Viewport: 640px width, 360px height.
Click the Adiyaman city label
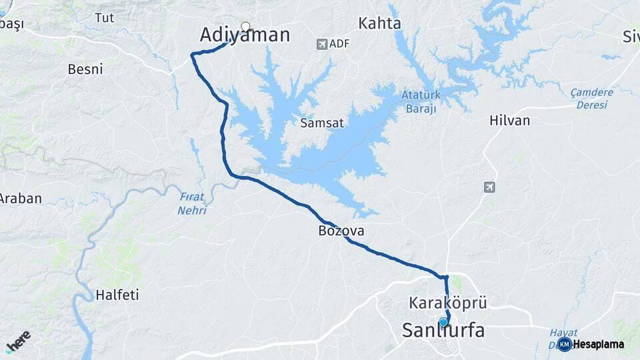click(x=245, y=35)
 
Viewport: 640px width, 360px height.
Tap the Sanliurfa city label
click(x=443, y=331)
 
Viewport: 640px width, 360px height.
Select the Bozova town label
click(x=341, y=231)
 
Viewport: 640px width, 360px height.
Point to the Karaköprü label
click(x=448, y=303)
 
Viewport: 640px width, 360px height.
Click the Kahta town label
click(x=379, y=24)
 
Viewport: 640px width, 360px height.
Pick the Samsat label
click(x=321, y=123)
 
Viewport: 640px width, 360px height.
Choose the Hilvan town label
click(x=509, y=121)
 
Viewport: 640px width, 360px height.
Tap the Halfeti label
click(x=117, y=295)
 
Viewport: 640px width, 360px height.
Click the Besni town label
click(x=85, y=69)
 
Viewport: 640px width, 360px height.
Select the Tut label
click(x=105, y=18)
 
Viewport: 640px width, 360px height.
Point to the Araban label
click(x=21, y=199)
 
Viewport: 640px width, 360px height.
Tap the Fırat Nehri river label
click(x=192, y=203)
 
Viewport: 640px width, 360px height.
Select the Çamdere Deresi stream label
click(x=592, y=99)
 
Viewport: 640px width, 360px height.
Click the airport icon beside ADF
click(x=322, y=44)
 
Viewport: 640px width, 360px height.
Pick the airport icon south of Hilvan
click(x=489, y=187)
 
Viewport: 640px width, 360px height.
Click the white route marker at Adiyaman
click(x=245, y=27)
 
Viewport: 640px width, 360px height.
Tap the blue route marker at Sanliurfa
click(x=443, y=322)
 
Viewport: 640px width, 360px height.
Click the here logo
click(x=19, y=340)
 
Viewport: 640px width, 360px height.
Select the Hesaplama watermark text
click(x=598, y=345)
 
